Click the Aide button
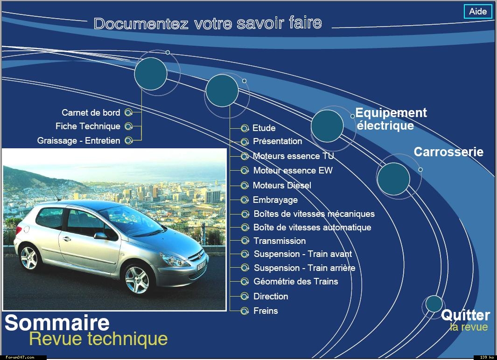478,11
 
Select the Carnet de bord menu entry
91,113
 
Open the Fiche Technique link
88,126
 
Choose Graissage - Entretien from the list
78,140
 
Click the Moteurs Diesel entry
282,185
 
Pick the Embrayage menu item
275,200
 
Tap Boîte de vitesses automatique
312,228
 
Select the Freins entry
266,311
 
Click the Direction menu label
271,297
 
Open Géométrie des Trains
296,282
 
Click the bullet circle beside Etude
245,128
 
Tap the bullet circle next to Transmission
245,241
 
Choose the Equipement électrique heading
391,119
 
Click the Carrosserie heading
448,152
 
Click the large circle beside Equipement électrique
327,126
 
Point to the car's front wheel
137,280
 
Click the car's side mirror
100,236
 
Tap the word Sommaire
57,323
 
